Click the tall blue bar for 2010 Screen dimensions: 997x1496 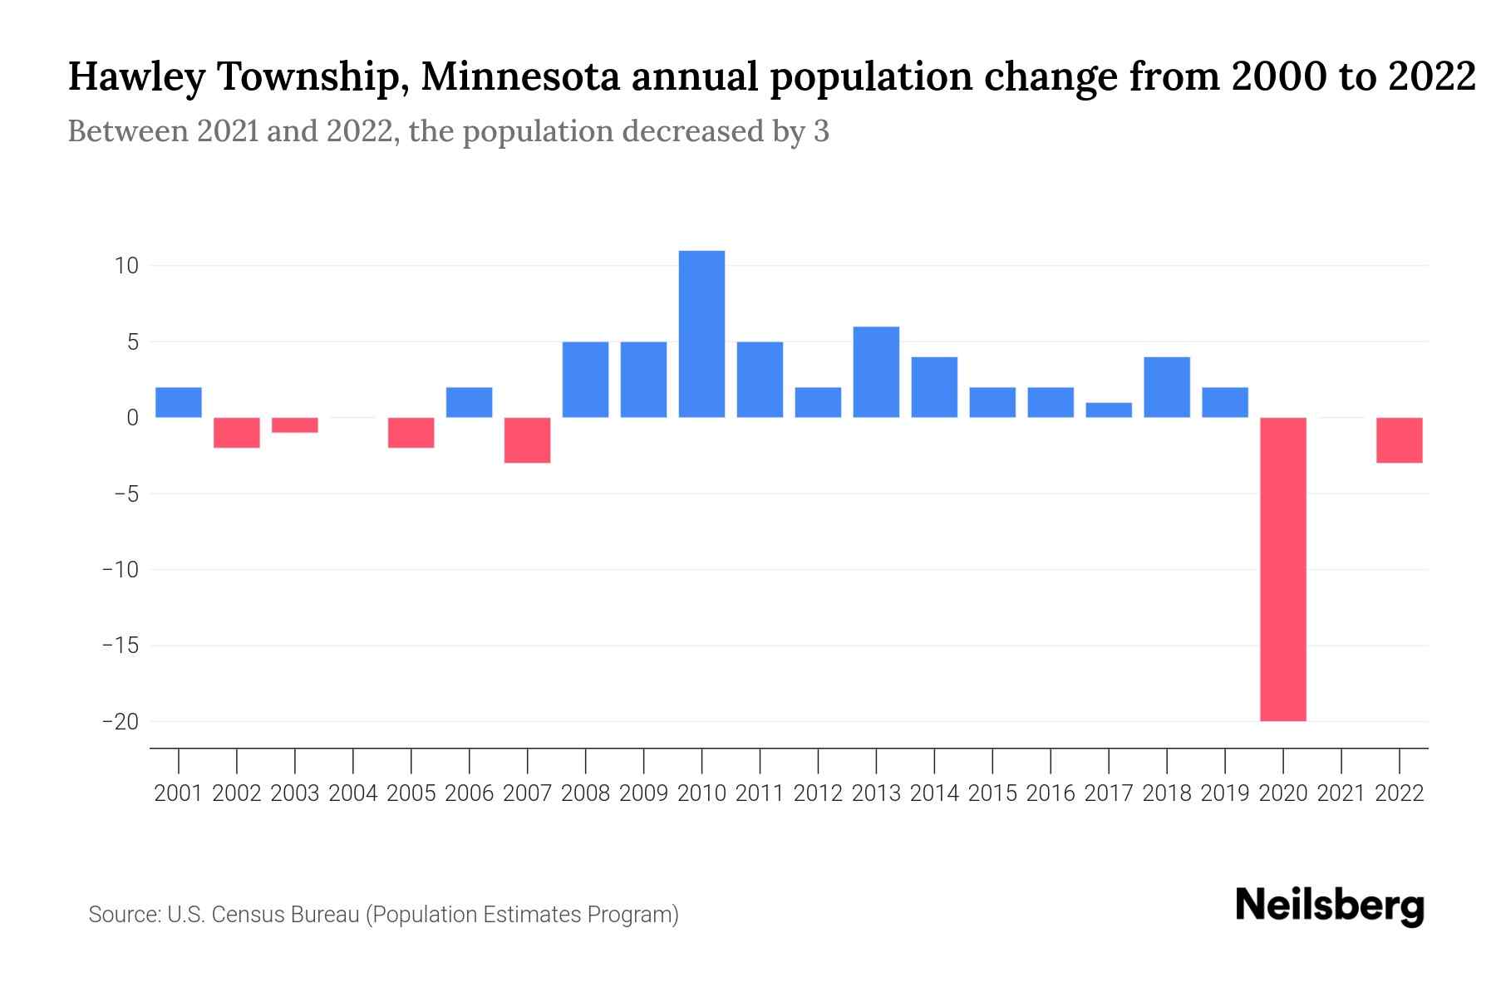pyautogui.click(x=701, y=334)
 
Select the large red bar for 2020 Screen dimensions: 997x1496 pyautogui.click(x=1282, y=569)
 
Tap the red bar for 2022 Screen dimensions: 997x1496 pyautogui.click(x=1399, y=440)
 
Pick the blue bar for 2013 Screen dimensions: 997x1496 pyautogui.click(x=876, y=372)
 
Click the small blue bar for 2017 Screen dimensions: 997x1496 pyautogui.click(x=1108, y=410)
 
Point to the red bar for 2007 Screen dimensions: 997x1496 pyautogui.click(x=527, y=440)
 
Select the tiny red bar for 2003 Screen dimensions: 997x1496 pyautogui.click(x=295, y=425)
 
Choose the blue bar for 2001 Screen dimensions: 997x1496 pyautogui.click(x=179, y=403)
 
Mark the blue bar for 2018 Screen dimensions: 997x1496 pyautogui.click(x=1166, y=387)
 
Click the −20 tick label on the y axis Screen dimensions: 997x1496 pyautogui.click(x=121, y=721)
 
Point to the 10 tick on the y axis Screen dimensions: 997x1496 pyautogui.click(x=126, y=266)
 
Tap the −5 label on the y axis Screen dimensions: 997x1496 pyautogui.click(x=121, y=494)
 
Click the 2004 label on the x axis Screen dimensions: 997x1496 pyautogui.click(x=353, y=793)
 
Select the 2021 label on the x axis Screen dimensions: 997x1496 pyautogui.click(x=1341, y=793)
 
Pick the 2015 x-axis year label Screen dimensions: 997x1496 pyautogui.click(x=992, y=793)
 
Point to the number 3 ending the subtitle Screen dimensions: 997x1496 pyautogui.click(x=821, y=131)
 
